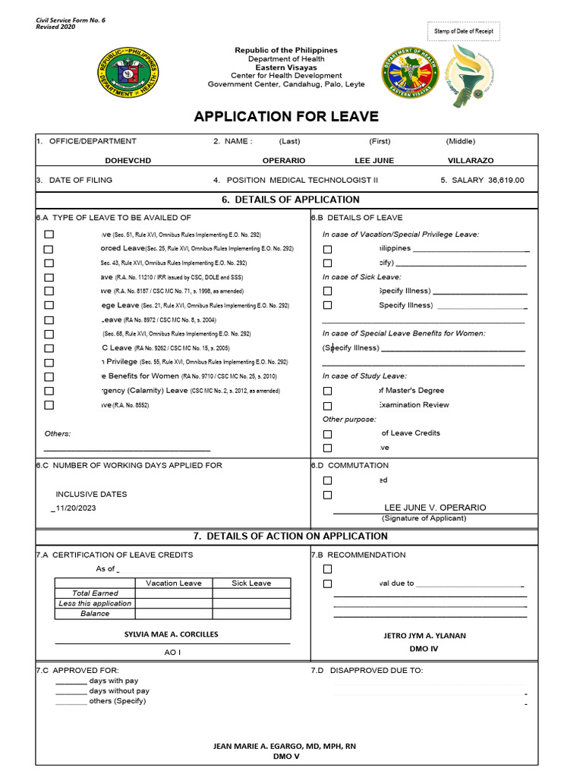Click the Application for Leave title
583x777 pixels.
tap(285, 116)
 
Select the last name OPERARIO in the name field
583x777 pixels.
tap(284, 161)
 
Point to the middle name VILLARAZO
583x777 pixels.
tap(470, 161)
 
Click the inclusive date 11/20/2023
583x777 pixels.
tap(75, 509)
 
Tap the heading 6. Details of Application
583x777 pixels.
tap(290, 200)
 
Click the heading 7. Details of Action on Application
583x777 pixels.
tap(290, 536)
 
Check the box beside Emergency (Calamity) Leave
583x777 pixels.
tap(49, 391)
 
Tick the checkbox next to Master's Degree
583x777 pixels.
tap(327, 391)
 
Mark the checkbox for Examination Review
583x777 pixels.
tap(327, 405)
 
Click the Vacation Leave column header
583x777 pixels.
tap(174, 583)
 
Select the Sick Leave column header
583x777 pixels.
tap(251, 583)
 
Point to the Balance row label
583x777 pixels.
tap(95, 613)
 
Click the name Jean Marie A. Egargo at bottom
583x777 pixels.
tap(285, 746)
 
